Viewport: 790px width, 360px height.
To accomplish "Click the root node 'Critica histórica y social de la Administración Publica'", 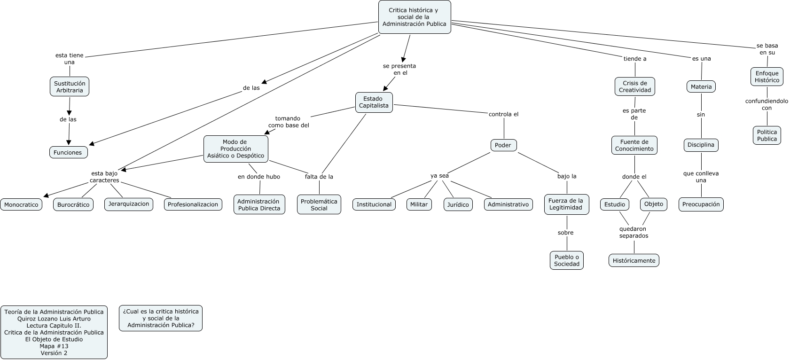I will (x=415, y=17).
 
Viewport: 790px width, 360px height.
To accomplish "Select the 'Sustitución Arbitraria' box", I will (x=70, y=86).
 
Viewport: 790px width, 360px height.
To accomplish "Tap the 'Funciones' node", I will (x=68, y=152).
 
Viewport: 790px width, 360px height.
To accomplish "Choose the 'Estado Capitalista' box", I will (x=374, y=102).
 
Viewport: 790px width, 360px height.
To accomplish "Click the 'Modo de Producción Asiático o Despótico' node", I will (x=236, y=149).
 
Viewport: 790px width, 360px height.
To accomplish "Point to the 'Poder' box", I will (x=503, y=145).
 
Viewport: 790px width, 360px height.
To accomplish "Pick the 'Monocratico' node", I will (x=21, y=205).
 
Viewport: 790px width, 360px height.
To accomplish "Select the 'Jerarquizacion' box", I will (x=129, y=204).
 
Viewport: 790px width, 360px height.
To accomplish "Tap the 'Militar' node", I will (x=419, y=204).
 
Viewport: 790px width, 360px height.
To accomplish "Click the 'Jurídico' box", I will (x=457, y=204).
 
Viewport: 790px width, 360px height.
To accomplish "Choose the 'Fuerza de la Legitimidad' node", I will (x=566, y=204).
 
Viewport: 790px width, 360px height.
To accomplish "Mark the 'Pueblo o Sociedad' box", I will (x=566, y=260).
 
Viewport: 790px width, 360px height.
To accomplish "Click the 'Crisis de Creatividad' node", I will (x=635, y=86).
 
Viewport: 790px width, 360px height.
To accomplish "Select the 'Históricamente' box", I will (x=634, y=260).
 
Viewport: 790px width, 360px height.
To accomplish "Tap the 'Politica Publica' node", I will (x=767, y=135).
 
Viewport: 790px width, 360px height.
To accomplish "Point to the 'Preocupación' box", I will (x=701, y=204).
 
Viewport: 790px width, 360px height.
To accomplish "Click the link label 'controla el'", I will (x=504, y=114).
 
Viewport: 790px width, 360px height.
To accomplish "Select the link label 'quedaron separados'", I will (x=634, y=233).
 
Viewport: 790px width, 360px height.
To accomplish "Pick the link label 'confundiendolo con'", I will (x=767, y=104).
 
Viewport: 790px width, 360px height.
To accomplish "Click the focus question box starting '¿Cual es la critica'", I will (x=161, y=318).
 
